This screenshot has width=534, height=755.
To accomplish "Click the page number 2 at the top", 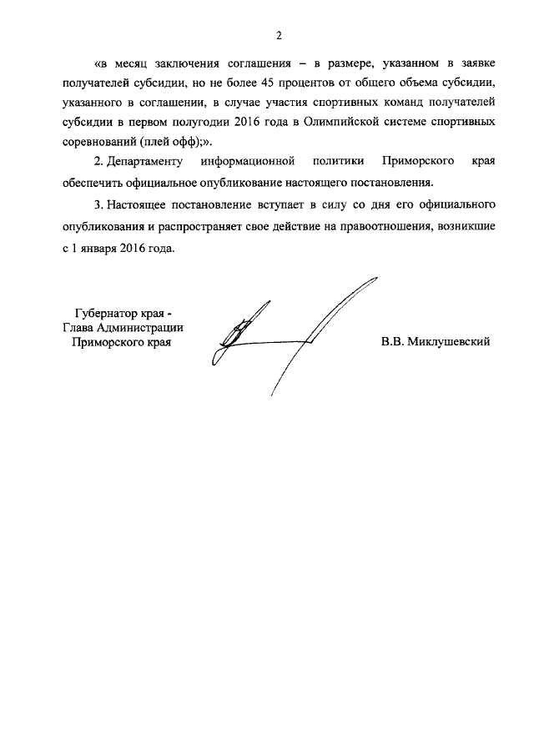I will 279,35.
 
